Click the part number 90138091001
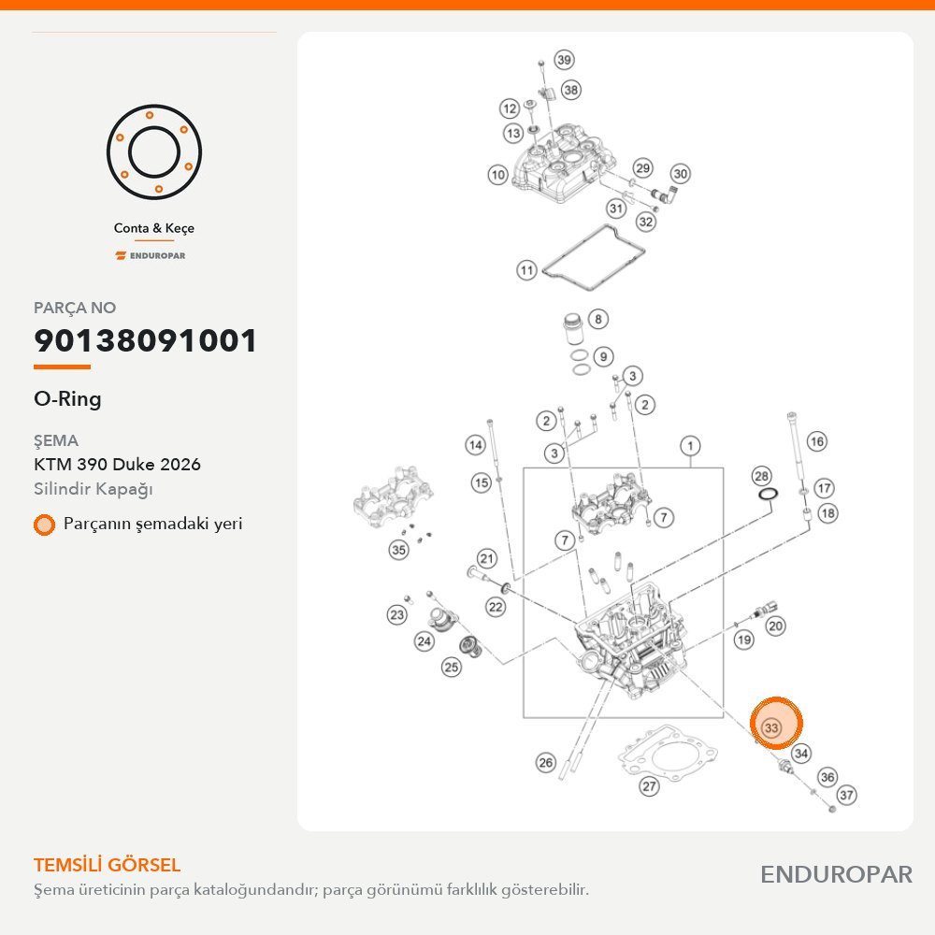tap(145, 340)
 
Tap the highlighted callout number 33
tap(771, 727)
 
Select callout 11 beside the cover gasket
tap(526, 270)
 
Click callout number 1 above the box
tap(690, 445)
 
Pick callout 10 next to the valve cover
tap(498, 175)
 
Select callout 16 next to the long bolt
tap(816, 441)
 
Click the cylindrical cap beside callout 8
tap(575, 328)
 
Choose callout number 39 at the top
tap(564, 60)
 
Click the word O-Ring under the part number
tap(67, 399)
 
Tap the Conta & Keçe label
tap(154, 228)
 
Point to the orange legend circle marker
tap(44, 525)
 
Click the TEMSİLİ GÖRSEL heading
tap(107, 865)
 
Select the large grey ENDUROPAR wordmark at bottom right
tap(836, 875)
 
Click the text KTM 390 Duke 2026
tap(117, 464)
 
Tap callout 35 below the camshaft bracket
tap(398, 549)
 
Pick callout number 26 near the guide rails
tap(546, 762)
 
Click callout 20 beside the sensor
tap(774, 626)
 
